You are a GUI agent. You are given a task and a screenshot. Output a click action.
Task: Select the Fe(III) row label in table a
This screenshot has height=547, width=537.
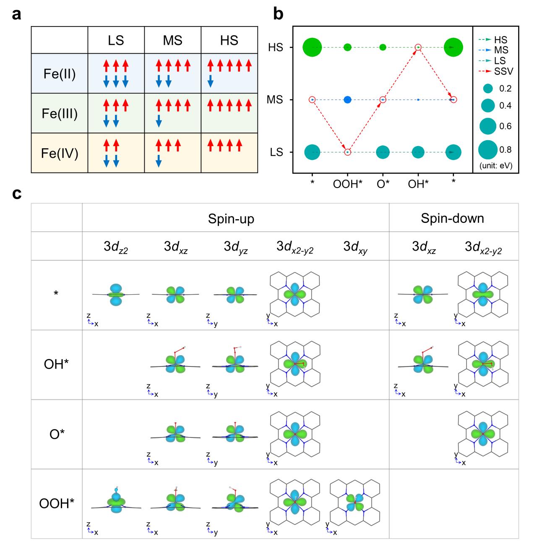[x=60, y=113]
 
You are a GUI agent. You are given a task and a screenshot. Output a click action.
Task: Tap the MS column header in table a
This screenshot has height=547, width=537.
[x=172, y=40]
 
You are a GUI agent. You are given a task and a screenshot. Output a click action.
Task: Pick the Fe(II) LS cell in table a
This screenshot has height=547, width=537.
[x=115, y=73]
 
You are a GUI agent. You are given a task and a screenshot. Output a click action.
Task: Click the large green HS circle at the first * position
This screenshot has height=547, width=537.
[x=312, y=47]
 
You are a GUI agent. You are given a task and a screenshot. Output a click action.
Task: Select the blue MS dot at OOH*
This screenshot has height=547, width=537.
[x=347, y=100]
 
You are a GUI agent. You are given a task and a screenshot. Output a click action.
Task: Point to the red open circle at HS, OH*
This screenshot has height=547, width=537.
[x=418, y=47]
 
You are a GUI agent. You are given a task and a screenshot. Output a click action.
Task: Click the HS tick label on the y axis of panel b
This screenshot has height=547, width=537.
[x=276, y=47]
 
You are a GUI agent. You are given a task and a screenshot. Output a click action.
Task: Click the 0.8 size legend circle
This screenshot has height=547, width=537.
[x=488, y=150]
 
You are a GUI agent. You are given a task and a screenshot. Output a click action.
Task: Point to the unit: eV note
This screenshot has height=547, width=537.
[x=496, y=165]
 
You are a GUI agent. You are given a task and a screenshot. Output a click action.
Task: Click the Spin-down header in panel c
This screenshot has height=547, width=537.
[x=452, y=218]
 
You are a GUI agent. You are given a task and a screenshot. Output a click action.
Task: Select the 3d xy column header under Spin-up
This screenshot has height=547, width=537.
[x=356, y=247]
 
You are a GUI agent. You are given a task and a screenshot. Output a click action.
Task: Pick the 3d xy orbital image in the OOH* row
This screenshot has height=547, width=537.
[x=355, y=503]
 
